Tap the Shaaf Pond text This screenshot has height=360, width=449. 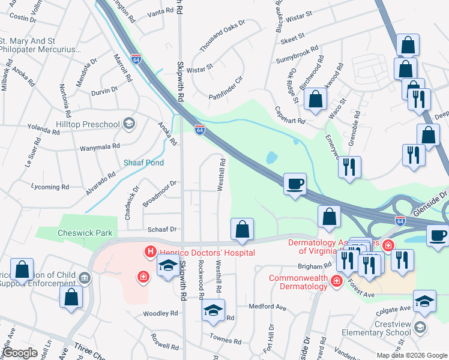[x=143, y=163]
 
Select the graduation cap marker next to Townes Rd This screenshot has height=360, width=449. [x=212, y=310]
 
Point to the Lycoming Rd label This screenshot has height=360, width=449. [x=50, y=187]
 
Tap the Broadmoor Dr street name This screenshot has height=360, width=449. [x=160, y=193]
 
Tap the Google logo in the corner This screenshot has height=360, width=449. [x=21, y=353]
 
